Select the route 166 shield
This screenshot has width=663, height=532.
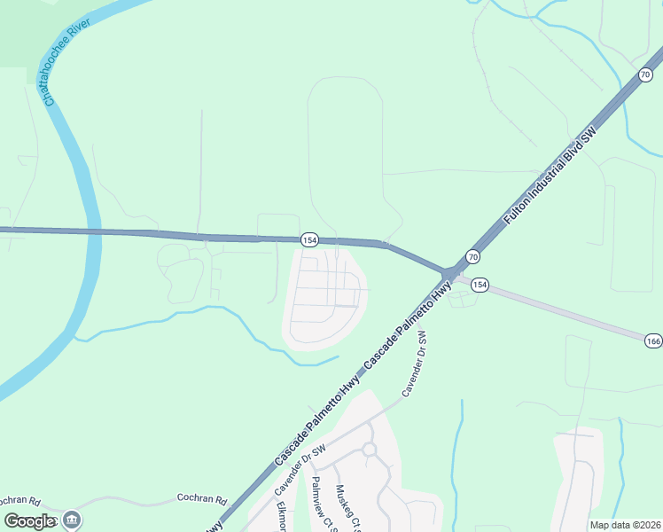coord(653,340)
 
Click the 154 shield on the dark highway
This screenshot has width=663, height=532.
coord(308,240)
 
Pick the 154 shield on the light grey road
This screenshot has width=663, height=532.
coord(480,285)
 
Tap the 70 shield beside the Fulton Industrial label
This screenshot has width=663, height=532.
coord(645,74)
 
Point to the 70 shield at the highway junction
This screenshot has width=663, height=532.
coord(473,257)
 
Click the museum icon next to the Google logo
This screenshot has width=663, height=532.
coord(72,520)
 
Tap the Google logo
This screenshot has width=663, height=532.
coord(29,520)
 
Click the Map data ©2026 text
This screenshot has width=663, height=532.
coord(625,525)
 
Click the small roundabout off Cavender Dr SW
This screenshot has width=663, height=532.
coord(369,450)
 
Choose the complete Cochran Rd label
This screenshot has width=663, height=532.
coord(202,499)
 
